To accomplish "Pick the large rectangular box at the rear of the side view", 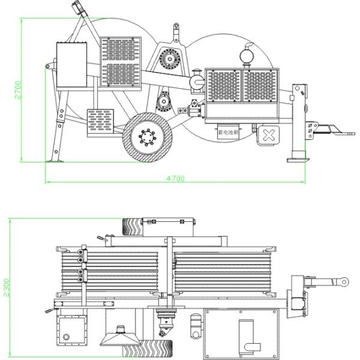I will pyautogui.click(x=72, y=64).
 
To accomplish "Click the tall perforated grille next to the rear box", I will pyautogui.click(x=121, y=60).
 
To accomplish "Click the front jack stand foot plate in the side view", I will pyautogui.click(x=299, y=160).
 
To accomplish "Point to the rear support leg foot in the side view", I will pyautogui.click(x=55, y=160).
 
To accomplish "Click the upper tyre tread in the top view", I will pyautogui.click(x=132, y=226).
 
